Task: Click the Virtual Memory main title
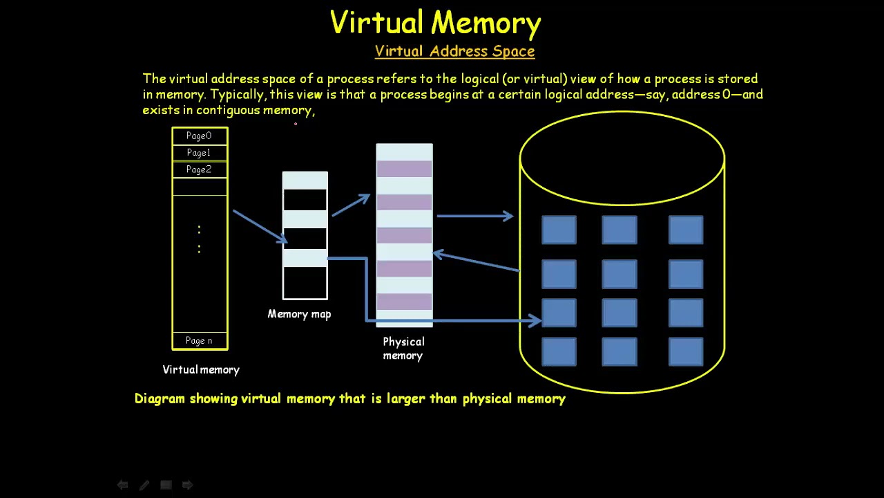pyautogui.click(x=435, y=24)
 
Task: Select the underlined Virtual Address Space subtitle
pyautogui.click(x=454, y=51)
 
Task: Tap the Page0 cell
pyautogui.click(x=199, y=136)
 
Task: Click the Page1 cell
pyautogui.click(x=199, y=153)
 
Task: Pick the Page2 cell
pyautogui.click(x=199, y=169)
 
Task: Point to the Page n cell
pyautogui.click(x=199, y=340)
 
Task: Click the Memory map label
pyautogui.click(x=299, y=314)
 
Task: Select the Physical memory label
pyautogui.click(x=403, y=349)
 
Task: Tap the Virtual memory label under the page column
pyautogui.click(x=201, y=370)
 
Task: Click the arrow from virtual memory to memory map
pyautogui.click(x=260, y=226)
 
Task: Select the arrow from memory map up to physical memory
pyautogui.click(x=351, y=205)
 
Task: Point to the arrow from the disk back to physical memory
pyautogui.click(x=476, y=261)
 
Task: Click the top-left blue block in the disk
pyautogui.click(x=559, y=230)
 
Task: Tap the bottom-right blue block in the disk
pyautogui.click(x=686, y=351)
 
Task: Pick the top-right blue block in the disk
pyautogui.click(x=686, y=230)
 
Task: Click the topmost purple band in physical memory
pyautogui.click(x=404, y=169)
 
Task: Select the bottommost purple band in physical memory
pyautogui.click(x=404, y=302)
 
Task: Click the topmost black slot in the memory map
pyautogui.click(x=305, y=200)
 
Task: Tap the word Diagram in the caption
pyautogui.click(x=160, y=398)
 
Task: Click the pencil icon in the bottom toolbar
pyautogui.click(x=144, y=486)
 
